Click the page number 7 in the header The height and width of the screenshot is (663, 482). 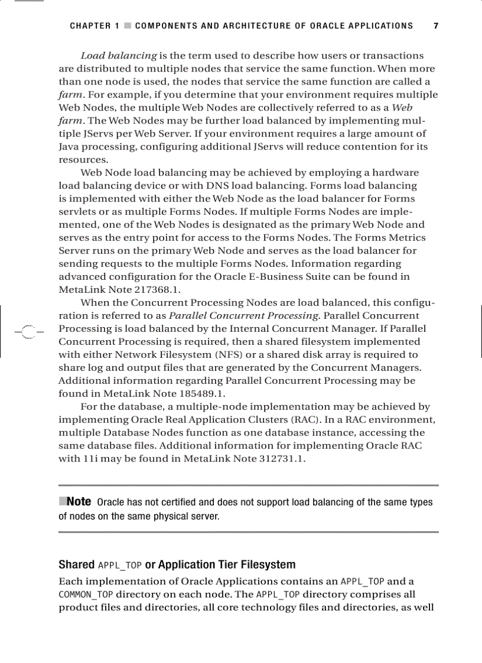tap(435, 26)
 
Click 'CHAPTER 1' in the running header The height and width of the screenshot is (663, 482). tap(95, 26)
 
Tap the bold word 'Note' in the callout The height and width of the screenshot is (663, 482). tap(79, 502)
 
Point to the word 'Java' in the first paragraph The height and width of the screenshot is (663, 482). tap(69, 147)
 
